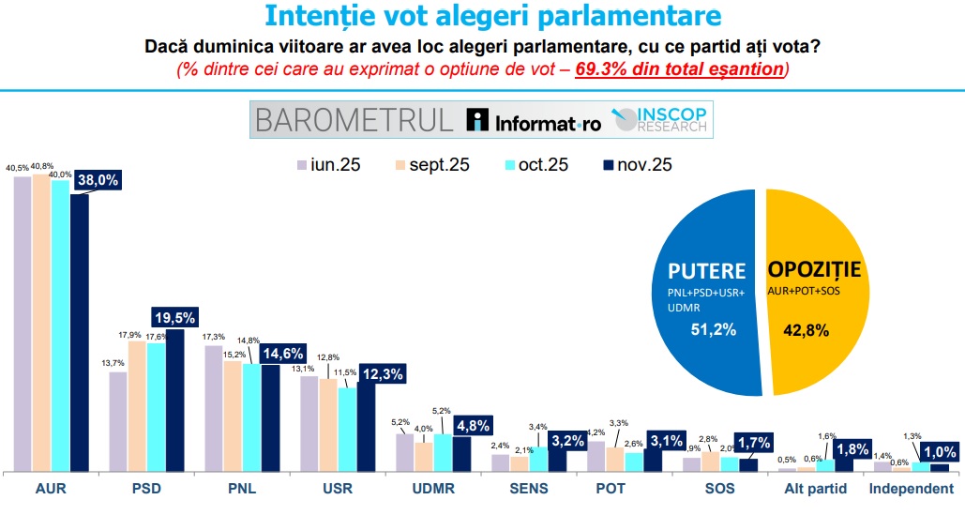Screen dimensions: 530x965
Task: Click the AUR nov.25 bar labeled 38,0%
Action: pyautogui.click(x=79, y=332)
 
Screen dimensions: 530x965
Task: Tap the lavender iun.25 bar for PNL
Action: pyautogui.click(x=214, y=408)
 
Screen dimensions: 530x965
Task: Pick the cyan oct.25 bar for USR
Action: pyautogui.click(x=347, y=429)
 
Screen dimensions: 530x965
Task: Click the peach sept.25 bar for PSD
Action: pyautogui.click(x=137, y=405)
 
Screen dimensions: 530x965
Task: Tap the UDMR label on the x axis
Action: pyautogui.click(x=434, y=489)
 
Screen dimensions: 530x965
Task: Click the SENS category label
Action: pyautogui.click(x=530, y=489)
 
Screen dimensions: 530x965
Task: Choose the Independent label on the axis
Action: pyautogui.click(x=912, y=489)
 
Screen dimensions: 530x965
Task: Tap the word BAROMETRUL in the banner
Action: pyautogui.click(x=354, y=120)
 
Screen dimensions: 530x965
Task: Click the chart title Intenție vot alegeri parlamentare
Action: pyautogui.click(x=480, y=17)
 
